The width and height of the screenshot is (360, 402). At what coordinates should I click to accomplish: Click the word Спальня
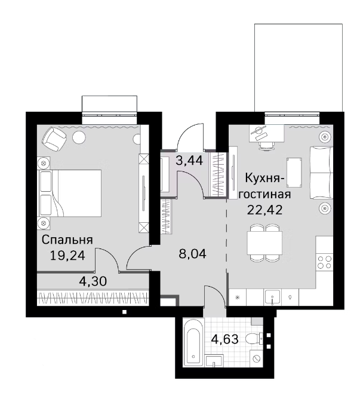(x=66, y=240)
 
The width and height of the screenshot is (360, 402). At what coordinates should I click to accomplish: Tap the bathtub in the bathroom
(x=192, y=345)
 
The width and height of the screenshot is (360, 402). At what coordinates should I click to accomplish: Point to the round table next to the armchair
(x=79, y=138)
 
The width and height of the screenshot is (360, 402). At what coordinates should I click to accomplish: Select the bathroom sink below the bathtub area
(x=214, y=361)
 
